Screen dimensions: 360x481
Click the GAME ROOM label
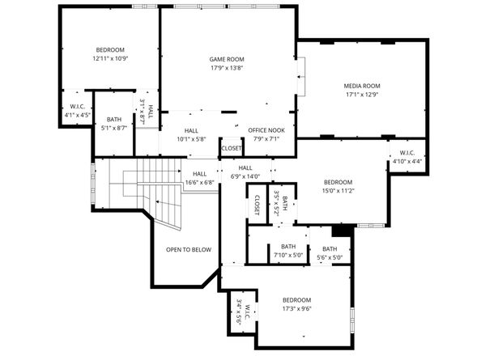pyautogui.click(x=227, y=59)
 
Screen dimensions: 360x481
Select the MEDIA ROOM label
pyautogui.click(x=363, y=86)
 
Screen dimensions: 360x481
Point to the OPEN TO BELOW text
pyautogui.click(x=189, y=249)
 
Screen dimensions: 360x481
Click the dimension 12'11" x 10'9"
pyautogui.click(x=110, y=59)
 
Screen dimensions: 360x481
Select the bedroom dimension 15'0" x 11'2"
pyautogui.click(x=338, y=191)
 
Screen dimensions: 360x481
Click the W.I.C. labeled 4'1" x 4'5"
pyautogui.click(x=78, y=110)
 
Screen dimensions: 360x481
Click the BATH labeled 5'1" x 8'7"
pyautogui.click(x=114, y=123)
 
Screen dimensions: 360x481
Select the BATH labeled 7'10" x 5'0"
pyautogui.click(x=288, y=251)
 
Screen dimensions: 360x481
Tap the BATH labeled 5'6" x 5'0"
pyautogui.click(x=330, y=252)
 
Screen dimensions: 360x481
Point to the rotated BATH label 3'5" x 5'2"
pyautogui.click(x=280, y=200)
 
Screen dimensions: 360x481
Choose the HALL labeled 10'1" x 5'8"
pyautogui.click(x=191, y=134)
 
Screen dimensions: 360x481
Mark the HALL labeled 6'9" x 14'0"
pyautogui.click(x=245, y=172)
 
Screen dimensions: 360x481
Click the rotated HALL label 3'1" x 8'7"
pyautogui.click(x=146, y=111)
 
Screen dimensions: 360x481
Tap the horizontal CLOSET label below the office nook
pyautogui.click(x=231, y=148)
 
